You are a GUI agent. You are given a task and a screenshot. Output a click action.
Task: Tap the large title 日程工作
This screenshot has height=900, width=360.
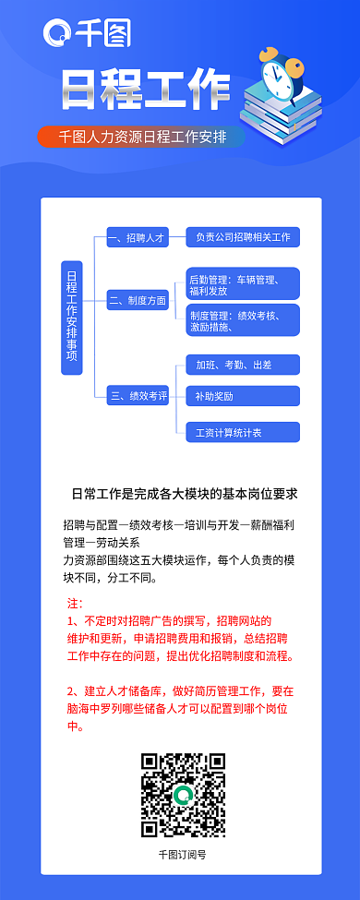point(145,90)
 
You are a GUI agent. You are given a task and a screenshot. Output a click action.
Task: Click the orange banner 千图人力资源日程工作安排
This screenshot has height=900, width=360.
point(142,137)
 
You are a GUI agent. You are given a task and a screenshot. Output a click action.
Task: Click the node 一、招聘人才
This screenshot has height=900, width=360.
point(137,237)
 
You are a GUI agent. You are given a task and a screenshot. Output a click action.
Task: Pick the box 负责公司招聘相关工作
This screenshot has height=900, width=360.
point(243,237)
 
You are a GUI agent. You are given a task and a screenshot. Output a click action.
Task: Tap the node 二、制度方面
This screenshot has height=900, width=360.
point(137,301)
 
